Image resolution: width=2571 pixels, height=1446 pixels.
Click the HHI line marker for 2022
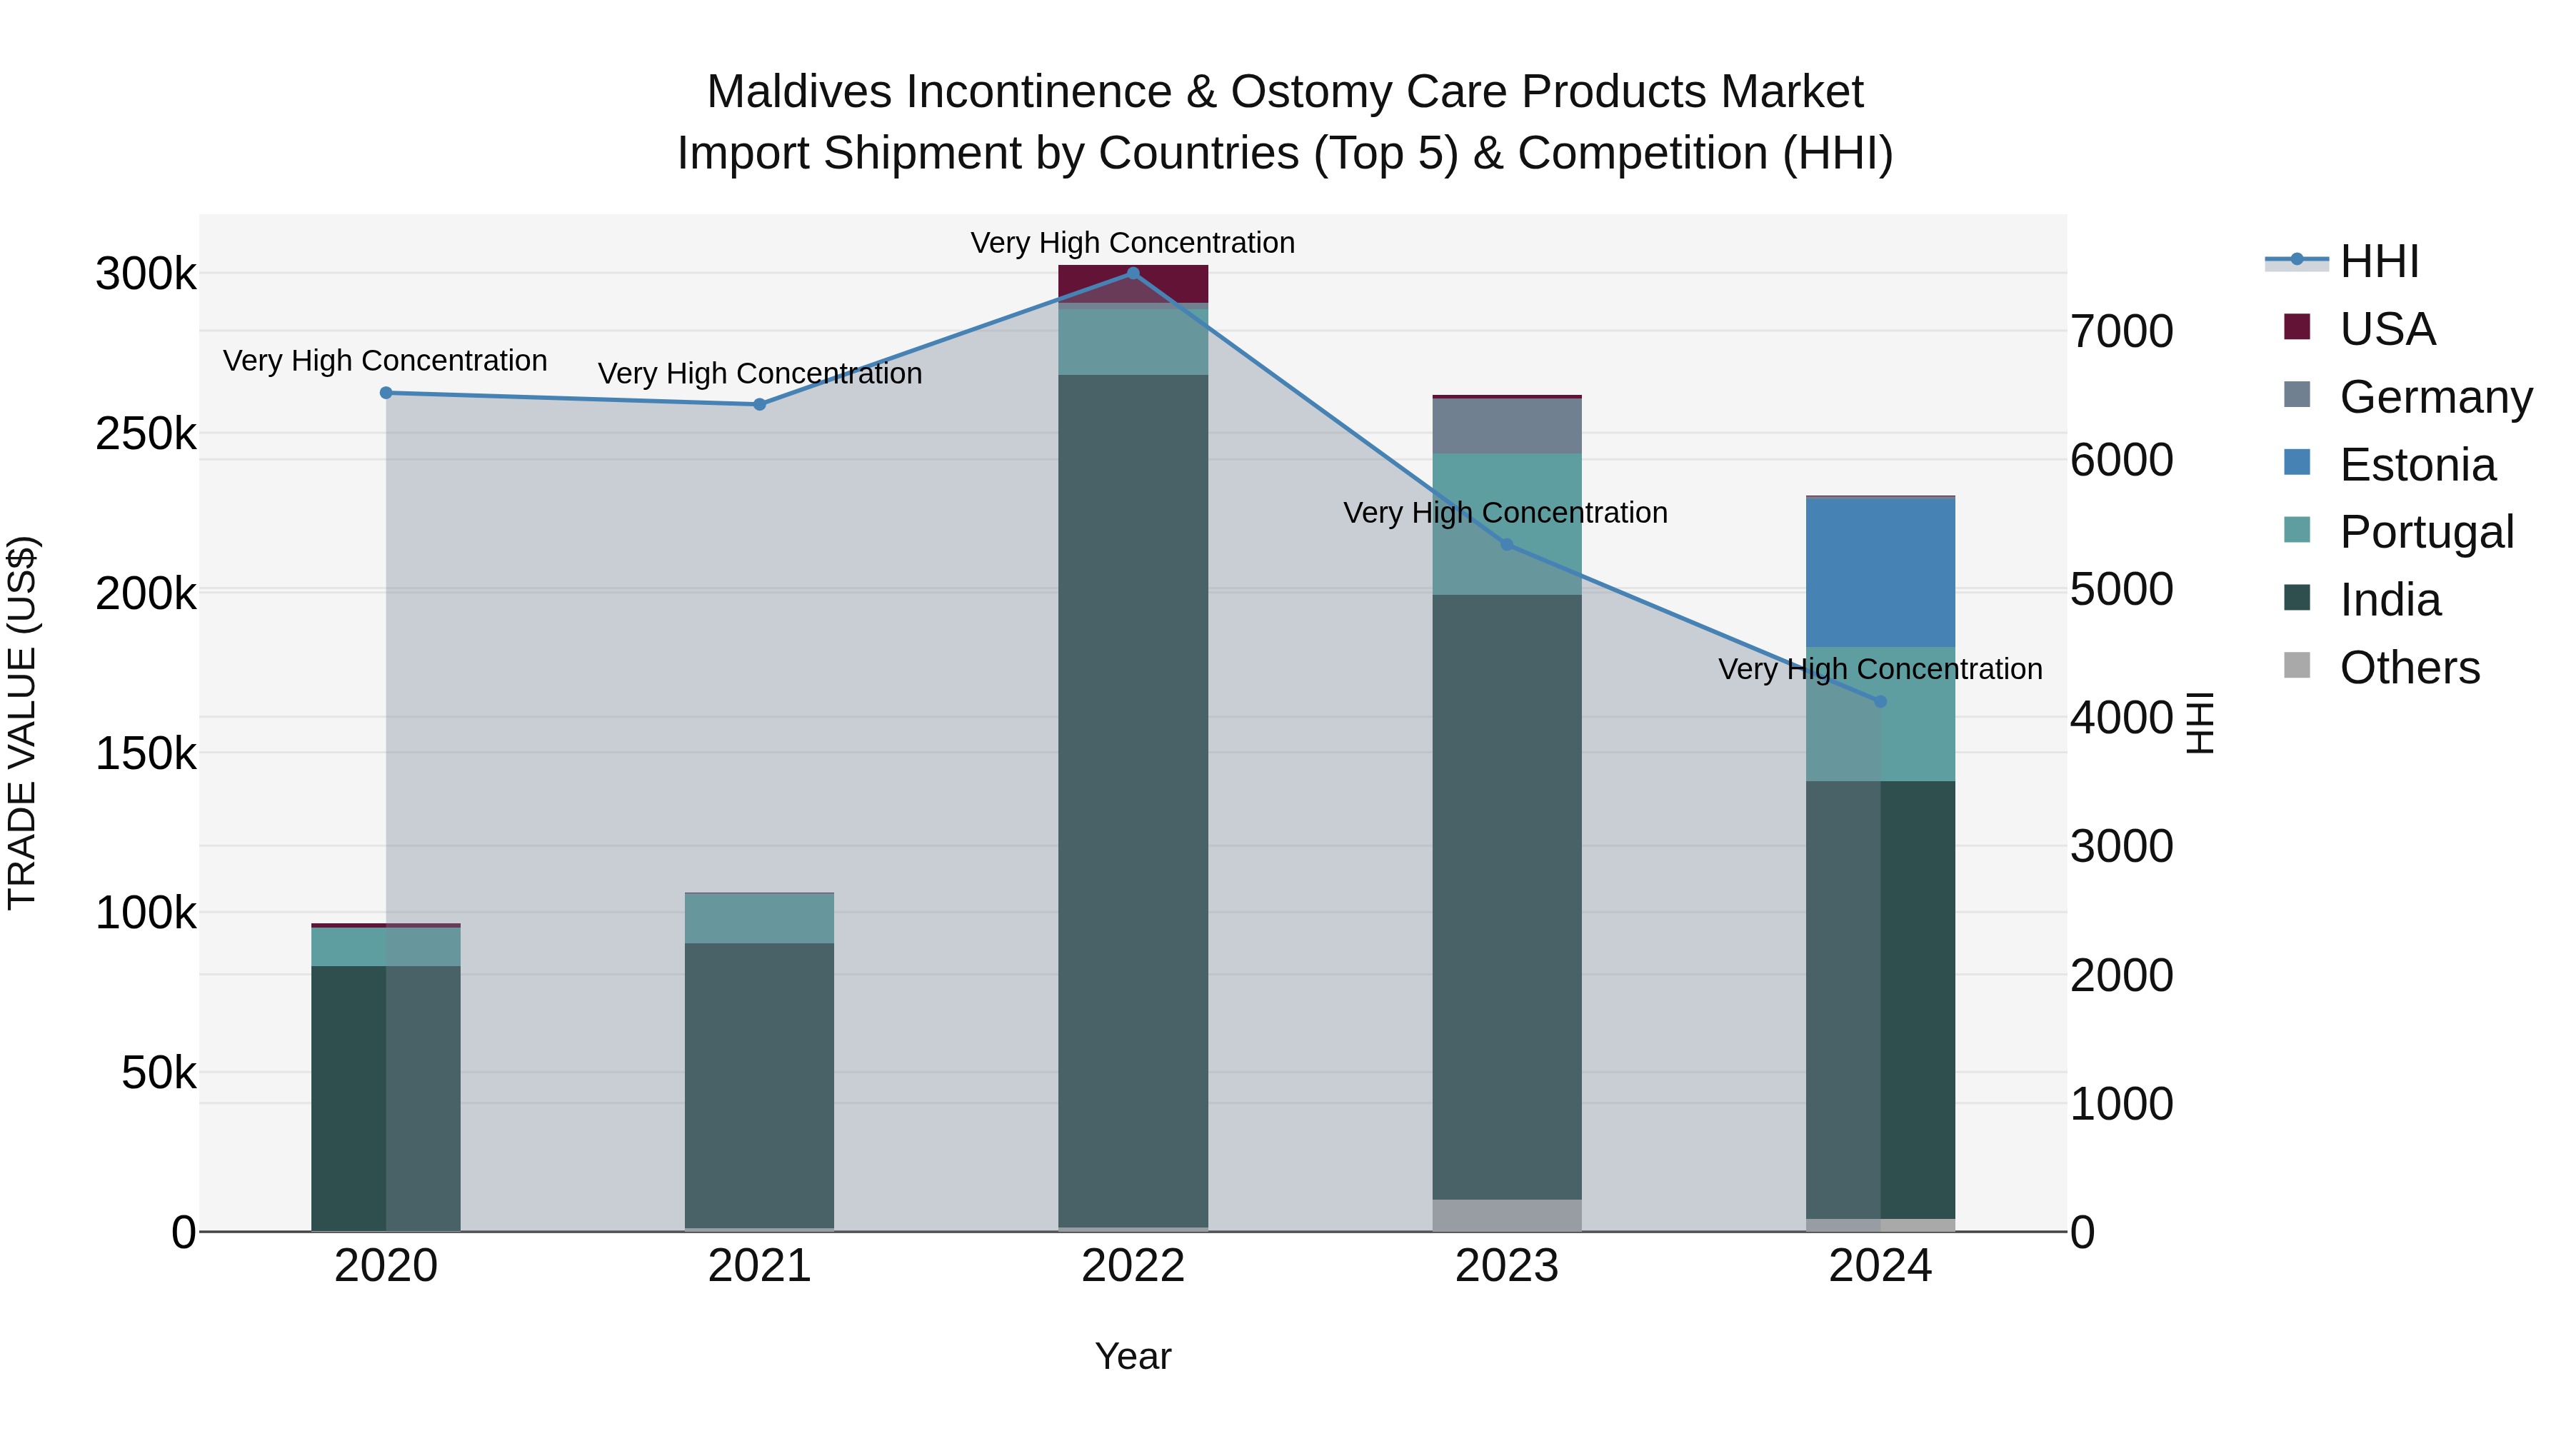[1133, 273]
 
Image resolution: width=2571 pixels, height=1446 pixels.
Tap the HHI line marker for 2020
[386, 393]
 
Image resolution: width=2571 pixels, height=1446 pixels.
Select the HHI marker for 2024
[1880, 701]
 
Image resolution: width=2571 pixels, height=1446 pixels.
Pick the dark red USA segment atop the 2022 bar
[1133, 283]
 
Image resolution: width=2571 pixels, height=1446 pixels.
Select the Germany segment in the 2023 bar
[1507, 426]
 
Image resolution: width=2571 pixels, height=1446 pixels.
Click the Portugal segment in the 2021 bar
[760, 918]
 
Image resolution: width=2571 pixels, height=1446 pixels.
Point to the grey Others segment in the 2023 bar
[1507, 1215]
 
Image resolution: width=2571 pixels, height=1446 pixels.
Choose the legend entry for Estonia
[2416, 465]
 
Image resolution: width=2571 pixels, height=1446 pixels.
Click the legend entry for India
[2390, 601]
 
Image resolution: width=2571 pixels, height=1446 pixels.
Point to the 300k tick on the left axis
[146, 274]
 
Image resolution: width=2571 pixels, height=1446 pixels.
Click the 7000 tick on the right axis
[2122, 331]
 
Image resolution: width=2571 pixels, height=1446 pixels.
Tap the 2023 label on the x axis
[1506, 1266]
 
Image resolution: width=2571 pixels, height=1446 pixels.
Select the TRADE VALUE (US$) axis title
[22, 723]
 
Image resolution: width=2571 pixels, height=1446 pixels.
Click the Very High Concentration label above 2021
[760, 374]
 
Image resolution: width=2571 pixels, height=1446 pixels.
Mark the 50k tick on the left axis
[159, 1073]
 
